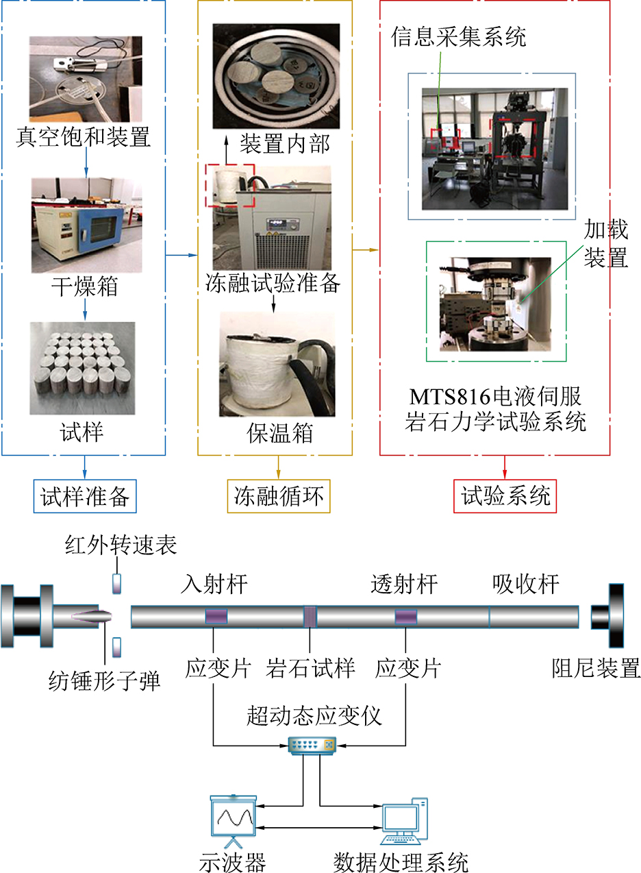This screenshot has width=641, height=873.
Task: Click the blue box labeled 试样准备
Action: (x=85, y=495)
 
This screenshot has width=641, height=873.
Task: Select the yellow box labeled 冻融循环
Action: (x=279, y=495)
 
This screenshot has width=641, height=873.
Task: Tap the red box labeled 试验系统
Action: (x=505, y=495)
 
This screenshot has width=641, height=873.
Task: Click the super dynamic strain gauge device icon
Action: (x=312, y=744)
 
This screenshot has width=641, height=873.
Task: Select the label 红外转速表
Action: (x=121, y=545)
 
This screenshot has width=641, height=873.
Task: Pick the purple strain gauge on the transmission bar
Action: (x=405, y=617)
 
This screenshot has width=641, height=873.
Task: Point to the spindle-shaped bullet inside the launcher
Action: (x=92, y=615)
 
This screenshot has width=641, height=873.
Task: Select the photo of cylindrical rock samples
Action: (x=82, y=368)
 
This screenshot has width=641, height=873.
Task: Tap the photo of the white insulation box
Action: (x=277, y=365)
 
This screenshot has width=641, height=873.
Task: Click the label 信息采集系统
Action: (x=459, y=36)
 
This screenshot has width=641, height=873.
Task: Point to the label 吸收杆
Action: (x=525, y=585)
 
